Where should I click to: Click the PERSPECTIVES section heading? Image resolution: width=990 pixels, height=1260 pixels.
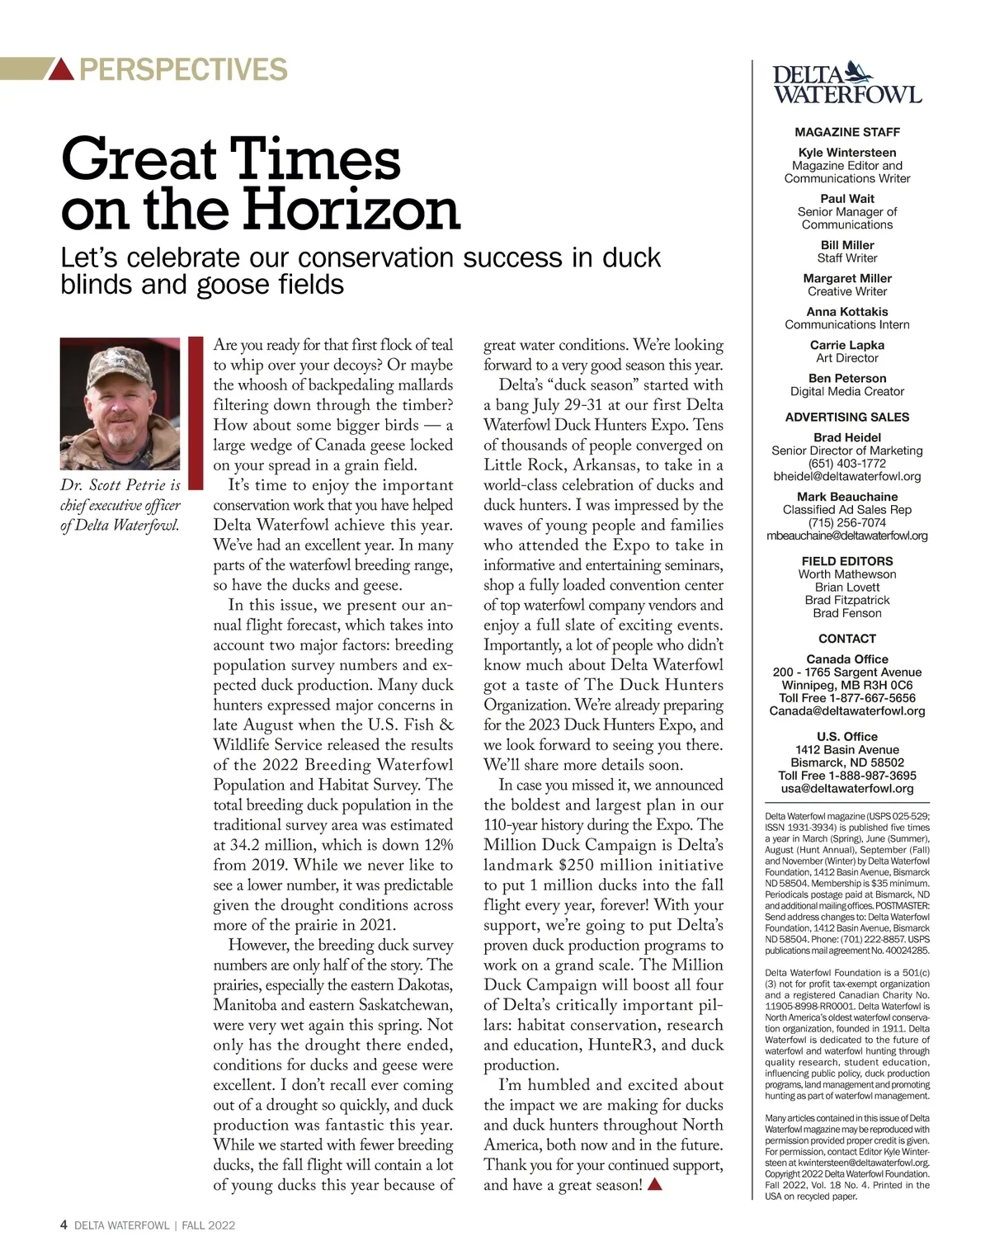[183, 69]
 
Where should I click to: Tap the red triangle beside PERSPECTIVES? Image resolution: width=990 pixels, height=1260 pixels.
[62, 70]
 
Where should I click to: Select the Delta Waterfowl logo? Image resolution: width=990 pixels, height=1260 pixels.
[846, 83]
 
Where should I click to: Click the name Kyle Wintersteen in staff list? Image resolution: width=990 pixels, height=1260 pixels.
[846, 153]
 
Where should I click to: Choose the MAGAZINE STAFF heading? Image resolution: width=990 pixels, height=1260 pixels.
[846, 132]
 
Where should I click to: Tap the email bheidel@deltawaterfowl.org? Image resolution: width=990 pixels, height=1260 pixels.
[846, 476]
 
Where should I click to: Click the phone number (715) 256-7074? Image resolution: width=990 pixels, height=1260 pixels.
[846, 522]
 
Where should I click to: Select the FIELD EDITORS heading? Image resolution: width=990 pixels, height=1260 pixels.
[846, 561]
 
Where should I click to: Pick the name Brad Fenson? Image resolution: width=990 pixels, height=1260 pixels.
[846, 613]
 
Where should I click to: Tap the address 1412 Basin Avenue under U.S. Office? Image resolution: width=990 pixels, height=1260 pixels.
[846, 749]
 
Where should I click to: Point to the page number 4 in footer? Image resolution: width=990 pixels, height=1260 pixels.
[64, 1225]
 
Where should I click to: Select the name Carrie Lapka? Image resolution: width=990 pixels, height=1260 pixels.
[846, 345]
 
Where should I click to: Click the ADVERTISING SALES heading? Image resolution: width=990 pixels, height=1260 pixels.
[846, 417]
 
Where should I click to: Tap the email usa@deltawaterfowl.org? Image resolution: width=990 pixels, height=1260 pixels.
[846, 788]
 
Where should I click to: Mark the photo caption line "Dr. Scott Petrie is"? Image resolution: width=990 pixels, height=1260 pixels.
[120, 485]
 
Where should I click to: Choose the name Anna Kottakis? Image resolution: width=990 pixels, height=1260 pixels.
[846, 312]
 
